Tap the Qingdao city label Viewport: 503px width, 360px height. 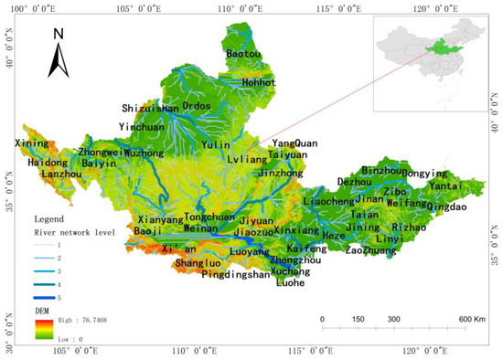(x=445, y=206)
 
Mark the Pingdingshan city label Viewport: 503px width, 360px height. (x=236, y=273)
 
